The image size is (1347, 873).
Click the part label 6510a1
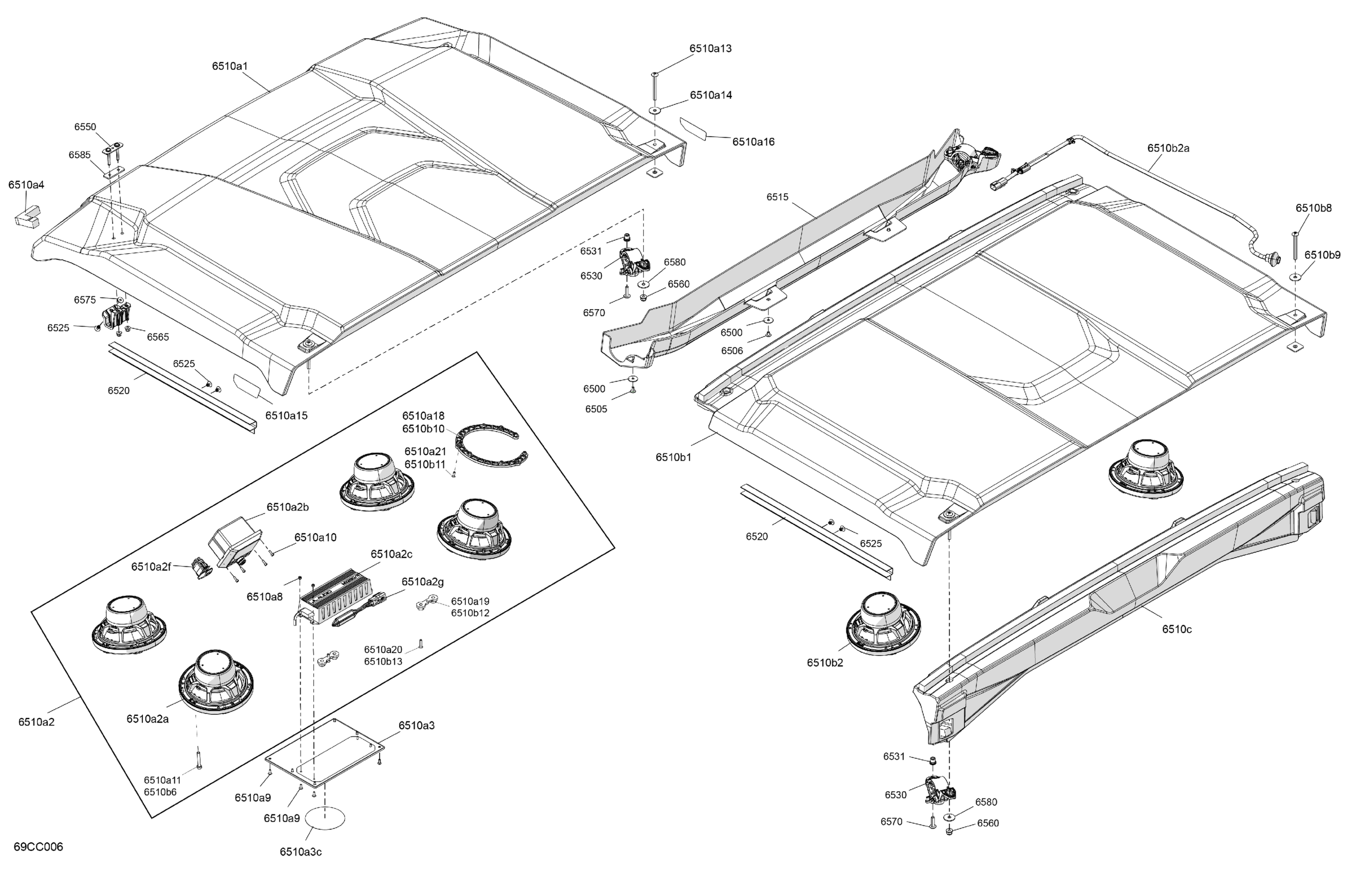click(230, 66)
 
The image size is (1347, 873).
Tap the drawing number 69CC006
click(39, 846)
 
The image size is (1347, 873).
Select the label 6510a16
click(753, 142)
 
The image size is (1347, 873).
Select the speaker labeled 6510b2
click(883, 622)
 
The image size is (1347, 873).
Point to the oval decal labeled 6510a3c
click(325, 818)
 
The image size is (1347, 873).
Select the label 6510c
click(1176, 629)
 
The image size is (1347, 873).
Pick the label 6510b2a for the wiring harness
click(1168, 148)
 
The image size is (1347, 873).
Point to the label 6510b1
click(673, 457)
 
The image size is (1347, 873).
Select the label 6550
click(85, 127)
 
